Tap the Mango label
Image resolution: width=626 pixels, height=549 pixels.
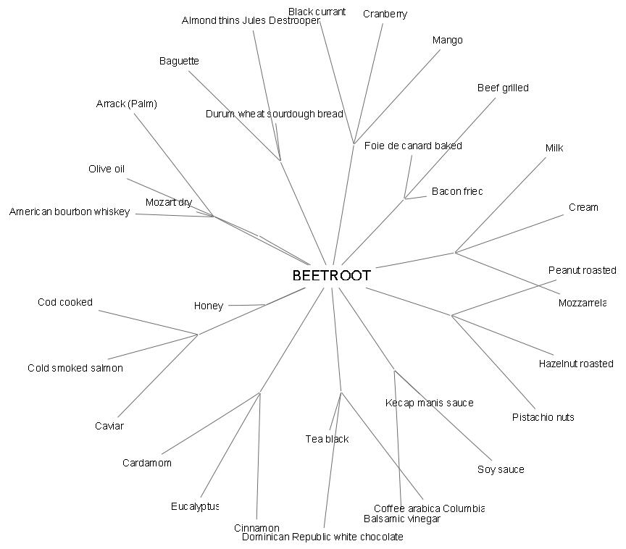point(447,41)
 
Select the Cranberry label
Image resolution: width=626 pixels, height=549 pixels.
point(385,14)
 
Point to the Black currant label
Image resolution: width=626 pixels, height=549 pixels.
point(317,12)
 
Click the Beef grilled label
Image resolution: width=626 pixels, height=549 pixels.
point(503,88)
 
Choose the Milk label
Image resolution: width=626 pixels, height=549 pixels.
point(554,148)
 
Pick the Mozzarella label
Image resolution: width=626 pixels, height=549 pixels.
point(582,303)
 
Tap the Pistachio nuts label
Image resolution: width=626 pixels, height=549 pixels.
point(543,418)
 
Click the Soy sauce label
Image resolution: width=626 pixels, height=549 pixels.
point(501,470)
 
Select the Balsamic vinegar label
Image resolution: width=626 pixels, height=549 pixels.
point(401,519)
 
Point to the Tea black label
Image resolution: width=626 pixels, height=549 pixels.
point(327,440)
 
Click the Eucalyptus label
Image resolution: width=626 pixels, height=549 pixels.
point(195,507)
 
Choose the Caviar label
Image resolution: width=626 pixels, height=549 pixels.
point(109,427)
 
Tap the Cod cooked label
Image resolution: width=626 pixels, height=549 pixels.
point(65,303)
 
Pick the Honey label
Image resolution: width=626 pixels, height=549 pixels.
point(209,306)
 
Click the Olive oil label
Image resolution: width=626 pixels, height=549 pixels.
point(107,169)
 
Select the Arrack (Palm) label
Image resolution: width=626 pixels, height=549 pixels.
point(126,104)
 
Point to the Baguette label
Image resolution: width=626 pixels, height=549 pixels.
point(179,62)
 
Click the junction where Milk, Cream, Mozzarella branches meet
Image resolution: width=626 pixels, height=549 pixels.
point(455,253)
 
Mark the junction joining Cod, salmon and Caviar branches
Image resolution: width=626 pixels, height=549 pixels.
point(198,335)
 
